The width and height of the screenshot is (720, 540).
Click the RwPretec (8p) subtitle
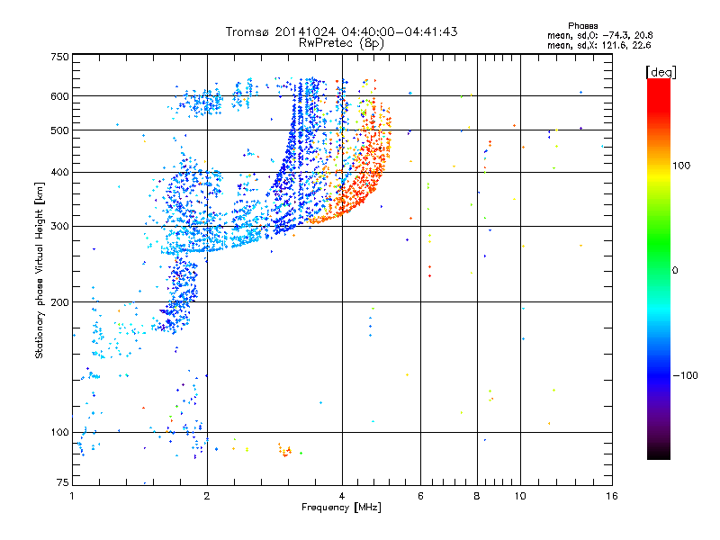click(x=343, y=42)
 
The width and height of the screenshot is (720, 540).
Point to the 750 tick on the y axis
click(x=59, y=57)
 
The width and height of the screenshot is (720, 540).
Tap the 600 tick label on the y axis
click(x=59, y=96)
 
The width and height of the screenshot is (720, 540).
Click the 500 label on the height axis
click(x=59, y=130)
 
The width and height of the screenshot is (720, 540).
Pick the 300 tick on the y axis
click(x=59, y=226)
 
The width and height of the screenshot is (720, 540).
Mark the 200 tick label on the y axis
click(x=59, y=302)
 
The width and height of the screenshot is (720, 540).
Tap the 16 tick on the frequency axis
click(x=611, y=495)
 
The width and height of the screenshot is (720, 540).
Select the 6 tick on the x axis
click(x=420, y=495)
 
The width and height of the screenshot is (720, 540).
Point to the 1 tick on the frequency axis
click(x=72, y=495)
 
